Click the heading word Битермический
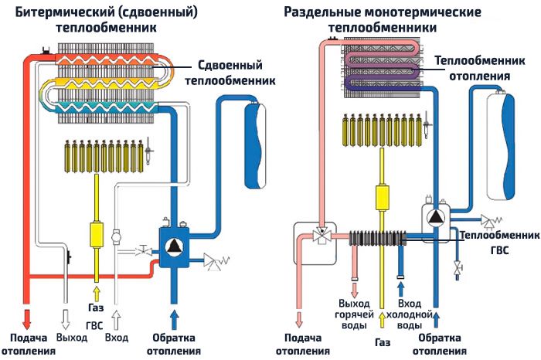click(x=59, y=12)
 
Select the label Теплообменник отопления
click(x=471, y=68)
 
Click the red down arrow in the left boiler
click(x=28, y=318)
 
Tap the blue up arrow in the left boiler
click(x=173, y=318)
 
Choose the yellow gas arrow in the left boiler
click(x=97, y=294)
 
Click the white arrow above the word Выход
click(x=66, y=318)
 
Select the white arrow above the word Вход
click(x=117, y=318)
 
